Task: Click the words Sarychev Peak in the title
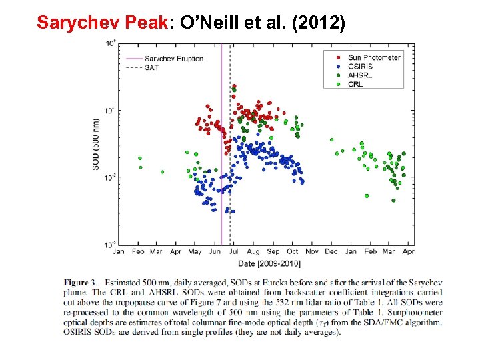coord(103,23)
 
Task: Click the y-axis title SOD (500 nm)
coord(97,144)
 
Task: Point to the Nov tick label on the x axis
coord(312,252)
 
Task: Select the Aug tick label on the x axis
coord(253,252)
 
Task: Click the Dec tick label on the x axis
coord(331,252)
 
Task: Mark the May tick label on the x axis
coord(195,252)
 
